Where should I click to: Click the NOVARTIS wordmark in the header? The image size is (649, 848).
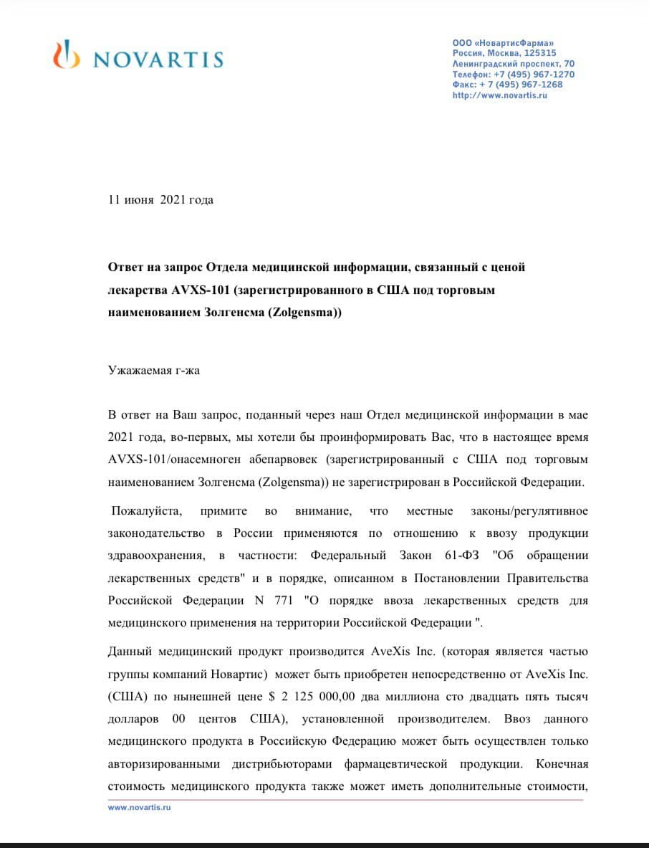point(158,59)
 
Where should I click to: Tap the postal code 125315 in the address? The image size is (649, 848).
point(539,53)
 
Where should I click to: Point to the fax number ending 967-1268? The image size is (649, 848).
point(537,85)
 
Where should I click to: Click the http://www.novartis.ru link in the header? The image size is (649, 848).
point(499,95)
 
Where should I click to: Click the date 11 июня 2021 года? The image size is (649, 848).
point(160,200)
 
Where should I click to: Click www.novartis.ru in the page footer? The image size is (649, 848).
point(140,806)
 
